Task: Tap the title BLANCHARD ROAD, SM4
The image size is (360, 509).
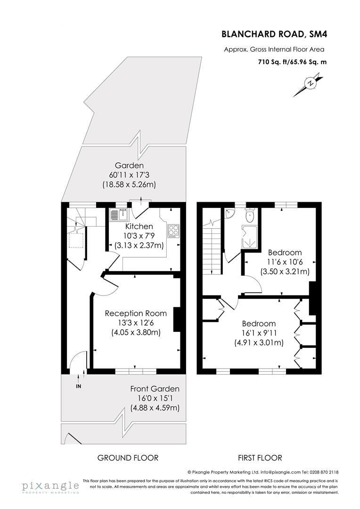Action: tap(273, 34)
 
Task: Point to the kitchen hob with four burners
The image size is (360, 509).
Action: tap(172, 231)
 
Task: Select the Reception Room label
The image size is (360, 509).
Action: tap(136, 313)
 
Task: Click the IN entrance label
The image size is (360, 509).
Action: tap(78, 386)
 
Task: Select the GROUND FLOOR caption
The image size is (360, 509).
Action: tap(128, 458)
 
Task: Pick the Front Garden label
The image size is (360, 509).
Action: tap(155, 389)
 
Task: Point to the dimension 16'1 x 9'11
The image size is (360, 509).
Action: tap(259, 333)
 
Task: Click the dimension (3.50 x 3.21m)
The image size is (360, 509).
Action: tap(285, 271)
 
